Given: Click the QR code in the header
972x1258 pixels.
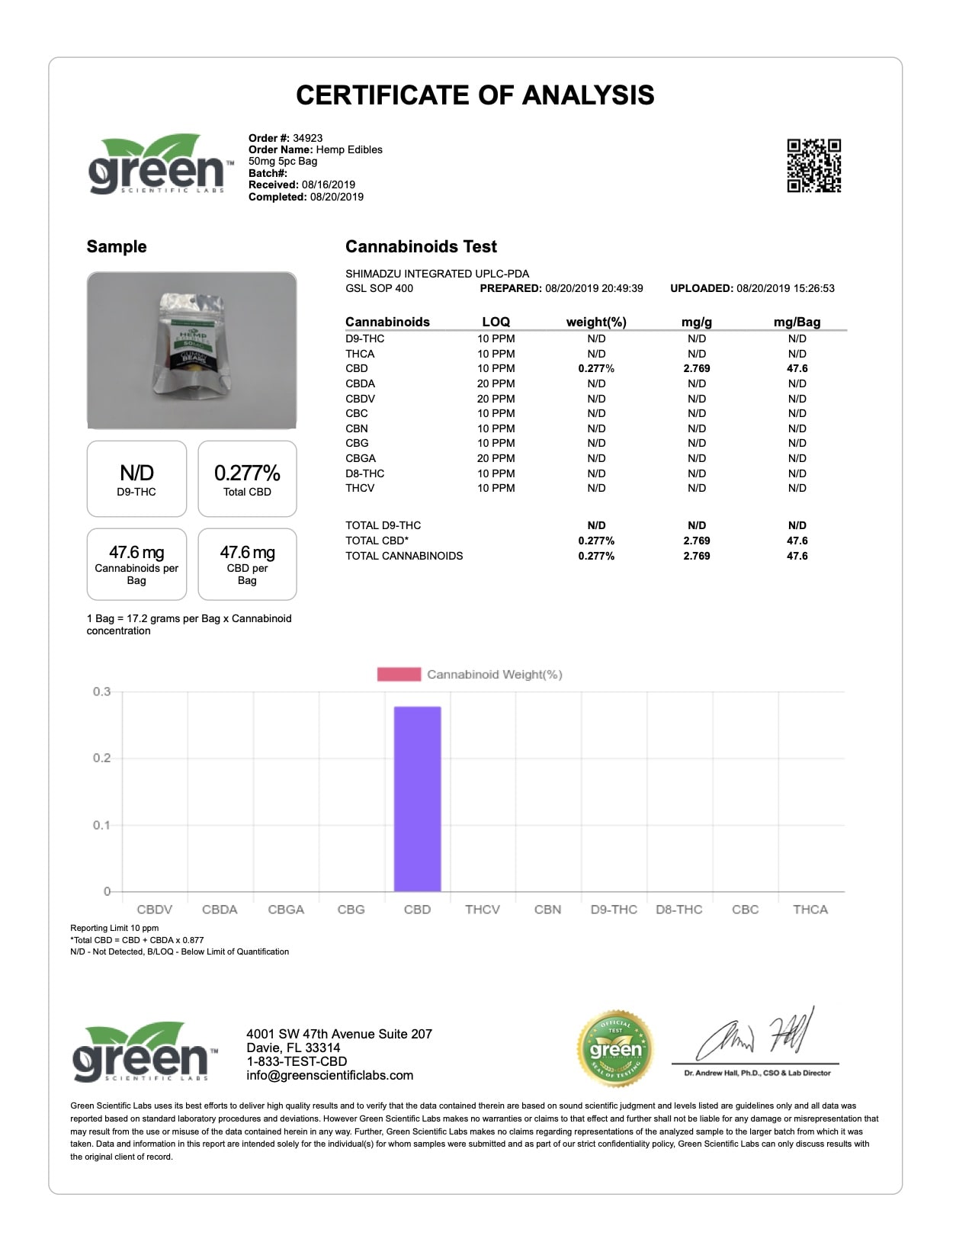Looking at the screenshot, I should [813, 165].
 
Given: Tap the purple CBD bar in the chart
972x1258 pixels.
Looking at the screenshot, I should [417, 798].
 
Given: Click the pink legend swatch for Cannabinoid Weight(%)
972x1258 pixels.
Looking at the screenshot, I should [399, 675].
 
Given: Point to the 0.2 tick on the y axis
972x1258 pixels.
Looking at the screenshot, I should [101, 759].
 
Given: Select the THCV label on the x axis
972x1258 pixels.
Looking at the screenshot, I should [483, 910].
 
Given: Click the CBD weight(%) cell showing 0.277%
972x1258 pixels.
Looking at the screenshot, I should [596, 368].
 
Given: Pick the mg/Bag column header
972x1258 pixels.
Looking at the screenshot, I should [797, 322].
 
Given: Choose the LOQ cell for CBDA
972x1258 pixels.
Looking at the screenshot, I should [496, 383].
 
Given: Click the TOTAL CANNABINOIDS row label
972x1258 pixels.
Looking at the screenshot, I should [404, 556].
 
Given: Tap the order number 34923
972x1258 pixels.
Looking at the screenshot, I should [307, 138].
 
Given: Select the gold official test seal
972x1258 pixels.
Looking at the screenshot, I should [615, 1049].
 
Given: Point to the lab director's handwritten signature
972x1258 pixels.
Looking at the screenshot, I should [755, 1035].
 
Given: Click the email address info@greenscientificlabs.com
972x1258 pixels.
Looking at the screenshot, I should [329, 1076].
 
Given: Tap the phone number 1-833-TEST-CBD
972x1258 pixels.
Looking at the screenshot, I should [297, 1062].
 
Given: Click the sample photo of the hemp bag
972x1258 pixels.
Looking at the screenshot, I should [191, 350].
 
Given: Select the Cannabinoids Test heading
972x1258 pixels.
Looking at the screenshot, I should [421, 247].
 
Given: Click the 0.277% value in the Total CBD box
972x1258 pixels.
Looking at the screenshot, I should [247, 473].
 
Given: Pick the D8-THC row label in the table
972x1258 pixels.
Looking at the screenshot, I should [364, 473].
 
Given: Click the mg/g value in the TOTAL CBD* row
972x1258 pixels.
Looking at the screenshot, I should [697, 541].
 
